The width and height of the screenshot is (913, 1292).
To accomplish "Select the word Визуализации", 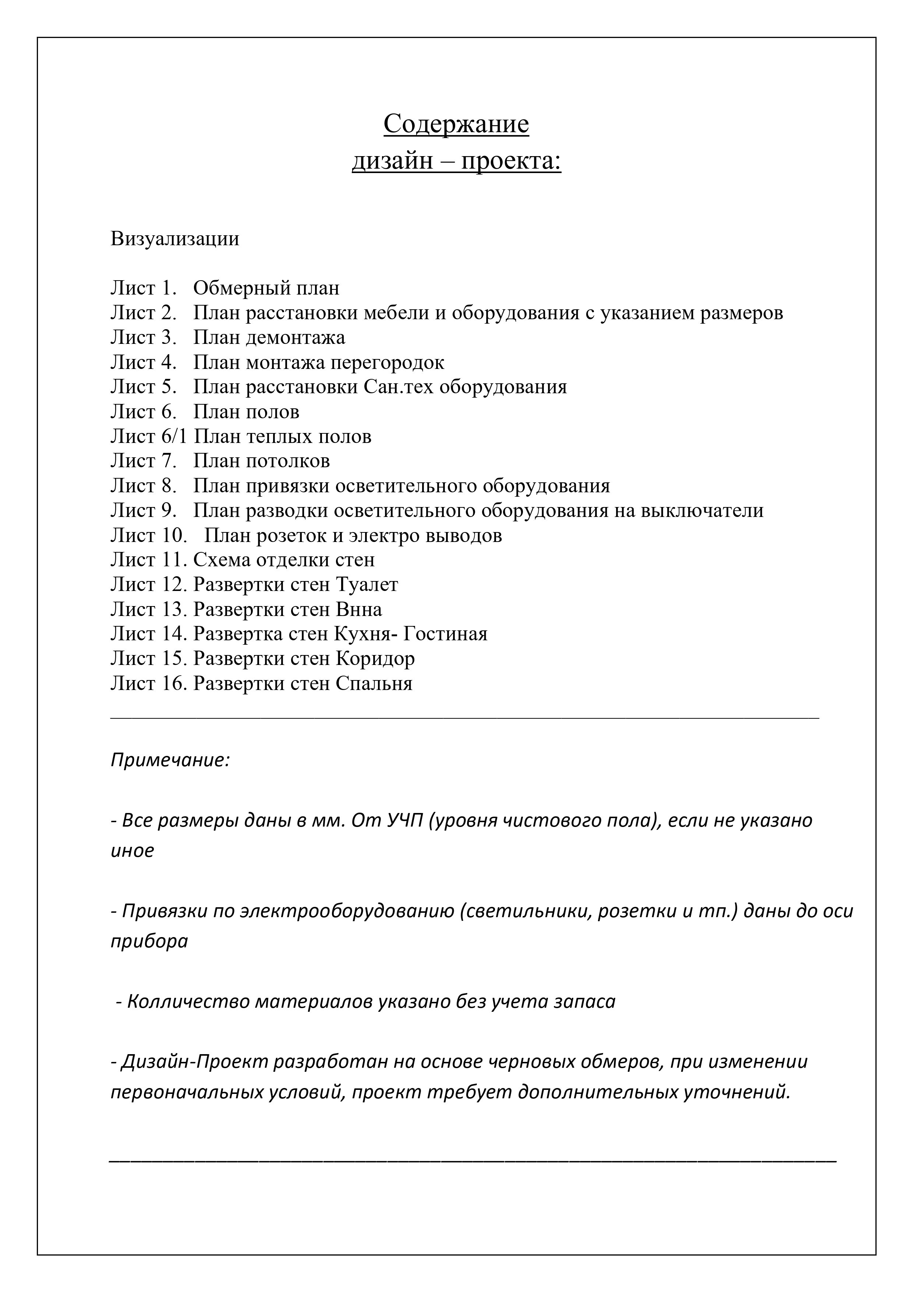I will pos(174,239).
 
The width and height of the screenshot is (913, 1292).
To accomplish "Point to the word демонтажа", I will pos(296,338).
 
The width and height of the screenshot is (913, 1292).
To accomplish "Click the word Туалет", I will pos(367,585).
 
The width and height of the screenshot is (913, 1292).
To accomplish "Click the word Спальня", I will pos(374,684).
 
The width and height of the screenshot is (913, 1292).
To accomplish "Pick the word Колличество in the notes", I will pos(188,1001).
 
